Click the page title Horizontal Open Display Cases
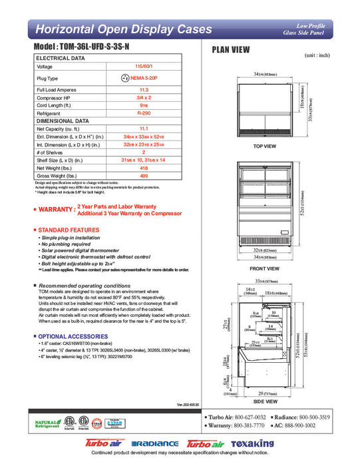[123, 29]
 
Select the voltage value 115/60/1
[143, 67]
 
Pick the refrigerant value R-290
[143, 114]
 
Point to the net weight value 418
[143, 168]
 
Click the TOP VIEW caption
[265, 146]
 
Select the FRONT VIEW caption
[265, 268]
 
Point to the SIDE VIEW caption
[265, 401]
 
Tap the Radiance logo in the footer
[155, 443]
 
